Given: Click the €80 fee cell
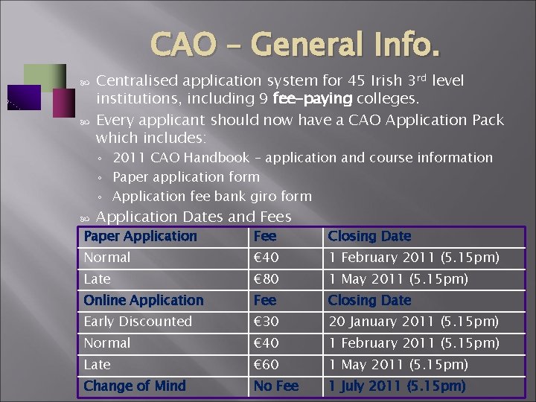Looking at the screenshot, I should (265, 279).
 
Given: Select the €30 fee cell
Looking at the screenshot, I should (265, 322).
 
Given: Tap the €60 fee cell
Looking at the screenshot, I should (265, 365).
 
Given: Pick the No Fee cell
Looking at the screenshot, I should (276, 386).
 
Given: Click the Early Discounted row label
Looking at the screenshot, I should (138, 322).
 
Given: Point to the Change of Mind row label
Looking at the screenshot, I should (135, 386).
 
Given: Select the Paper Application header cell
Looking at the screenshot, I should (140, 236).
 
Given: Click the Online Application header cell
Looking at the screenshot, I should (144, 300).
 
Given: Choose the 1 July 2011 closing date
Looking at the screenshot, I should (397, 386).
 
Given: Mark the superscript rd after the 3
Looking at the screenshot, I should (423, 76).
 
